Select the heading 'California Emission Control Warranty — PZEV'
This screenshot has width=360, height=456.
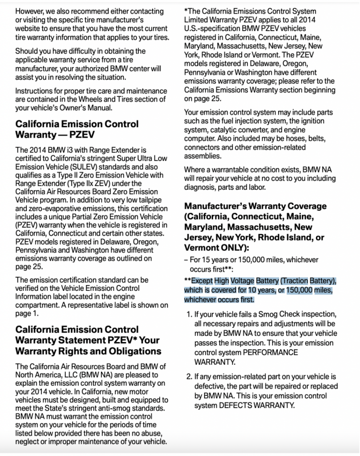[x=77, y=129]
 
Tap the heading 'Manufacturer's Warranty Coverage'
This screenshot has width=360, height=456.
[x=255, y=206]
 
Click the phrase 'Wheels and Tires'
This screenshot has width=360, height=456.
[x=94, y=99]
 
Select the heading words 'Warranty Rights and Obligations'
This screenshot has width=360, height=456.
[x=88, y=351]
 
